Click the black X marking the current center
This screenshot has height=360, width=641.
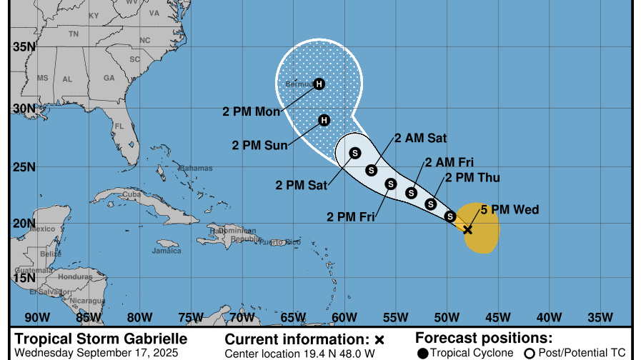click(467, 229)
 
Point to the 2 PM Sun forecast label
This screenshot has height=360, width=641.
click(259, 145)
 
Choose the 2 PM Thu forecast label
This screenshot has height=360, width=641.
click(472, 177)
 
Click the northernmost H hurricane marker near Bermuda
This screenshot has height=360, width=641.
click(319, 84)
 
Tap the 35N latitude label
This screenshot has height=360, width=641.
click(26, 46)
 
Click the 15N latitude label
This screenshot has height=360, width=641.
click(26, 277)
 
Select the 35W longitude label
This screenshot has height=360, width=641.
click(600, 317)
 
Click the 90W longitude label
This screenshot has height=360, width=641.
click(37, 317)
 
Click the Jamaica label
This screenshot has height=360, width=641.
click(166, 251)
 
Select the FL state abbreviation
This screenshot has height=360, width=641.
click(119, 126)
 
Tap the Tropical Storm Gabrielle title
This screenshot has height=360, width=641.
click(101, 339)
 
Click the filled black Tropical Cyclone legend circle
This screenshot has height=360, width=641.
click(423, 353)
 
